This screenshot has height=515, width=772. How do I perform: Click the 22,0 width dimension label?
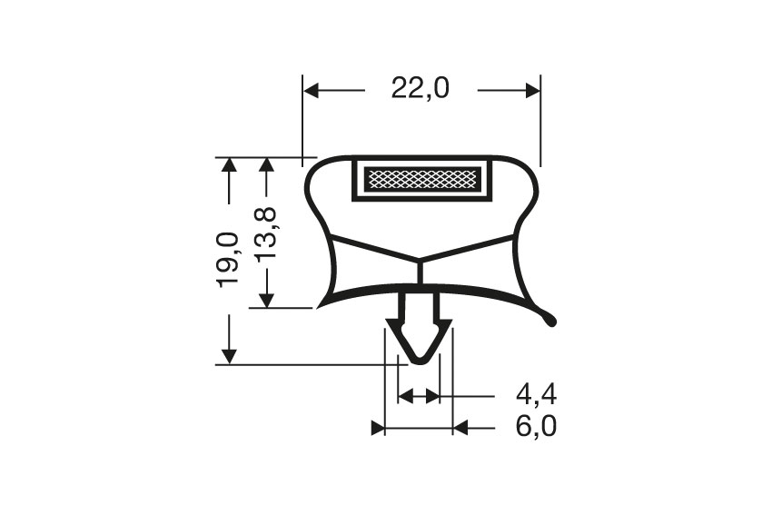tap(421, 89)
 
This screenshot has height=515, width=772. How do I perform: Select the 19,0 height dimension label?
tap(228, 260)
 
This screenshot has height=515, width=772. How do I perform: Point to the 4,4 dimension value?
tap(536, 395)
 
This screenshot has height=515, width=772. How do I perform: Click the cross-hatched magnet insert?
tap(421, 179)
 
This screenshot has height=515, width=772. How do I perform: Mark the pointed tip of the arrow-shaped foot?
tap(418, 360)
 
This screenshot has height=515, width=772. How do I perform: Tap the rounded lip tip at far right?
tap(551, 319)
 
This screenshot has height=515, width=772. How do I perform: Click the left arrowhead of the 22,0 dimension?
tap(312, 90)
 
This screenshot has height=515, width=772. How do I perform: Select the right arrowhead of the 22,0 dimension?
tap(531, 90)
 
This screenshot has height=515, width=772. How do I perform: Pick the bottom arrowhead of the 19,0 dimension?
tap(228, 355)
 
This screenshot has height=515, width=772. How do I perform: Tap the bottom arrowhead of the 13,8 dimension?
tap(266, 299)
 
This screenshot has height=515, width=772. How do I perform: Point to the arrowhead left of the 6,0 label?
tap(460, 427)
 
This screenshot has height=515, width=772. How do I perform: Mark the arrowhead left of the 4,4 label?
tap(431, 395)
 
